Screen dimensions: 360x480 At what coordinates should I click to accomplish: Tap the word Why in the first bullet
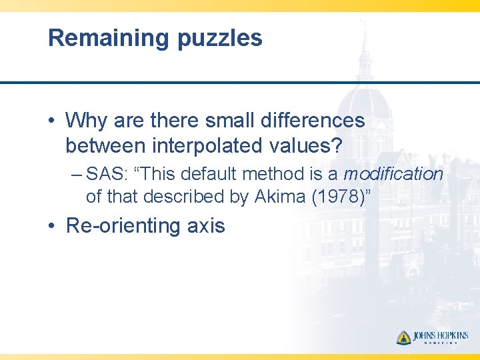tap(87, 121)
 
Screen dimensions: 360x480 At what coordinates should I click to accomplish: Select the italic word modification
tap(393, 175)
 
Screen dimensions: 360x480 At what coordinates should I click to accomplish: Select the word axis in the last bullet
tap(206, 226)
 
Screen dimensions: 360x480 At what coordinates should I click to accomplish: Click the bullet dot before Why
tap(52, 121)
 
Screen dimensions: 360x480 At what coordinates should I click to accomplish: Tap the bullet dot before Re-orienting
tap(52, 227)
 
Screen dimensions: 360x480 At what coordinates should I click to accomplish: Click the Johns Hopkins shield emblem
tap(403, 337)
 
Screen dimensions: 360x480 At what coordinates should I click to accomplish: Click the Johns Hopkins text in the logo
tap(441, 335)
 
